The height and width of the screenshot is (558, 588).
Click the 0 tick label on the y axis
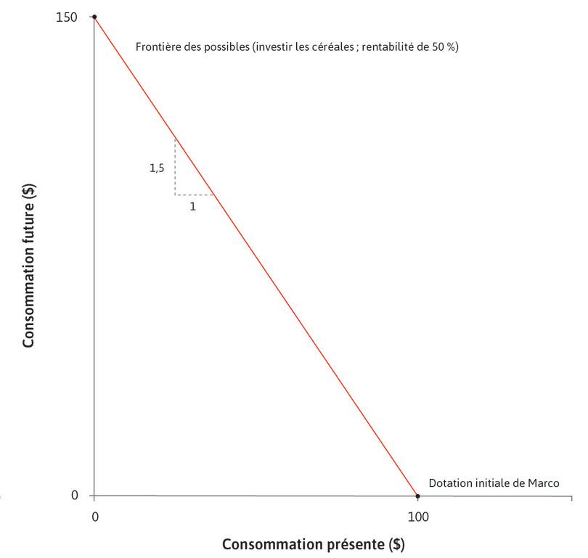click(x=73, y=496)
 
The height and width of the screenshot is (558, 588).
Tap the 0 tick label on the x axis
click(x=94, y=517)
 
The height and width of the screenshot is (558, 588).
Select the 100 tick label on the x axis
click(x=418, y=517)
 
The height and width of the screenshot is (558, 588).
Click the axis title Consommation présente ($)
click(x=313, y=543)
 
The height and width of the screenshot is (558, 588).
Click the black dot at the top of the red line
click(x=94, y=16)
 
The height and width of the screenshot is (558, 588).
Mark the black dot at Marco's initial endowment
click(x=417, y=496)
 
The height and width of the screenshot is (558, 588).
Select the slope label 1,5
click(x=157, y=168)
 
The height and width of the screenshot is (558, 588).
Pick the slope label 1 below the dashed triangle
click(x=192, y=206)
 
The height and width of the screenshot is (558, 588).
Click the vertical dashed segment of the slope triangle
click(x=175, y=167)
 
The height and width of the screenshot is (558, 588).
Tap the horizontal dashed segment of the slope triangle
click(x=194, y=194)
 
